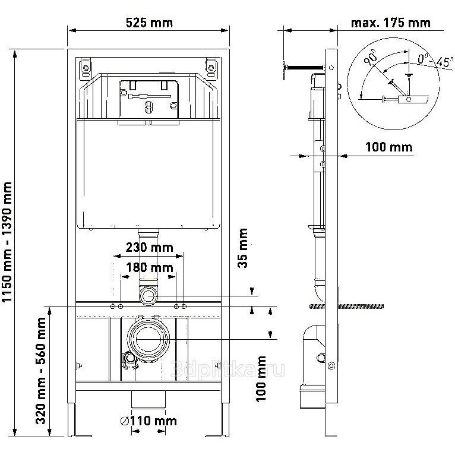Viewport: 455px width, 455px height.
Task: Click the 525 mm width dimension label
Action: tap(149, 23)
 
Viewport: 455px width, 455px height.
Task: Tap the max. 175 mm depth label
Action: tap(390, 23)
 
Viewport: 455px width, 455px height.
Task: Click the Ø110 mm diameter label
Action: tap(148, 421)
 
